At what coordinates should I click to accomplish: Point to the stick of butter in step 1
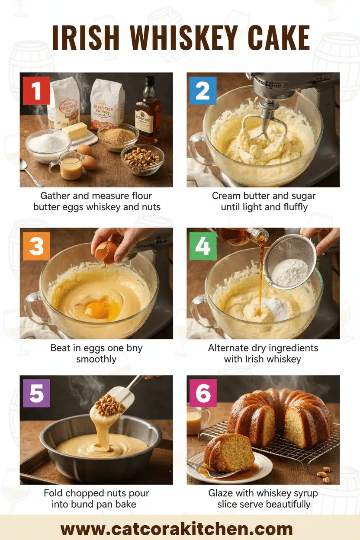click(74, 131)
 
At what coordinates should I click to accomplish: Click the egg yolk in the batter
click(96, 309)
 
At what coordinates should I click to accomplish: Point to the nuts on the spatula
click(109, 406)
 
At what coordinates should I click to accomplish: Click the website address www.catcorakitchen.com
click(180, 529)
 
